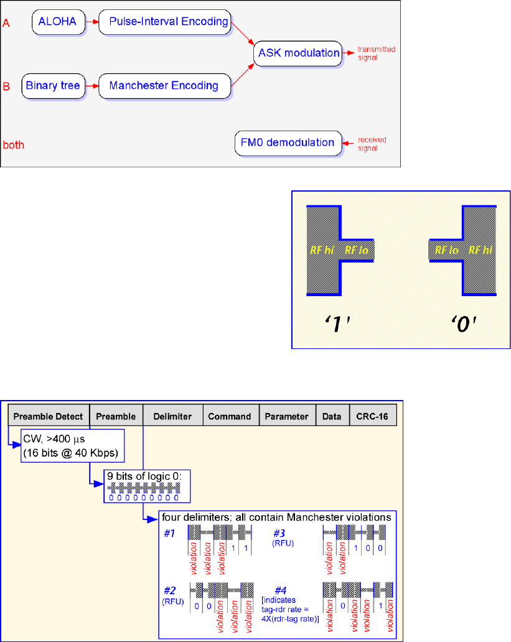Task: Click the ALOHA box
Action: point(57,22)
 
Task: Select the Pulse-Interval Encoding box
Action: point(164,22)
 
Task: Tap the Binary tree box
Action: point(53,85)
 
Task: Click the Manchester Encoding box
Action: point(164,85)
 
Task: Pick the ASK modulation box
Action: point(299,53)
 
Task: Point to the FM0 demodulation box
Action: point(288,142)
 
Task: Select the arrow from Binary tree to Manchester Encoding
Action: point(91,85)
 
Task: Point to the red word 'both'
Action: point(14,146)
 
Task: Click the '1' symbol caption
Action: point(334,323)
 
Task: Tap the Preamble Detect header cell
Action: point(49,417)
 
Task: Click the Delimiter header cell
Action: point(173,417)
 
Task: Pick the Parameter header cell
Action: point(287,417)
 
